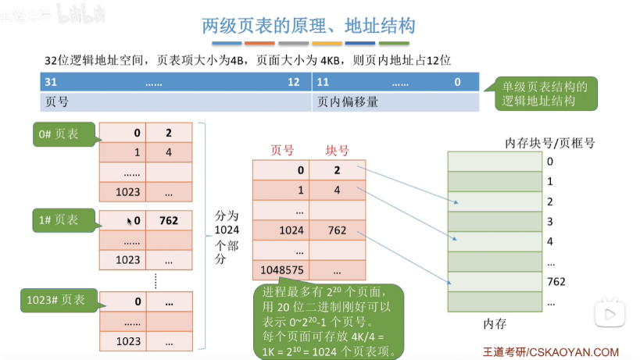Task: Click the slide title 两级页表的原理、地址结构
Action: [x=308, y=25]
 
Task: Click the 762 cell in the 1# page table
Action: [x=169, y=221]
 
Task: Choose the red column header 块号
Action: [x=337, y=151]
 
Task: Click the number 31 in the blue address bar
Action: [x=51, y=82]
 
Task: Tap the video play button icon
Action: [x=607, y=315]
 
